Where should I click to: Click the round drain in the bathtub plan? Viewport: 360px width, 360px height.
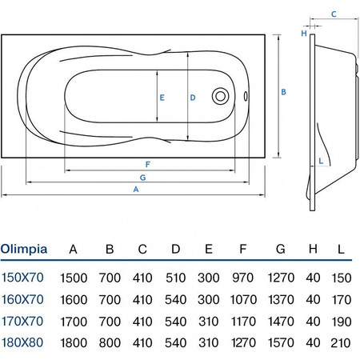(220, 96)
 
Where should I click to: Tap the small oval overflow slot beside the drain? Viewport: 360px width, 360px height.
(246, 96)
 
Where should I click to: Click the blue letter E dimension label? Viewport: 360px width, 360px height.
(162, 98)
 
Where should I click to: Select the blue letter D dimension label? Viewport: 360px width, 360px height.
(193, 98)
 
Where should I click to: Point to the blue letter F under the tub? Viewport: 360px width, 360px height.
(148, 165)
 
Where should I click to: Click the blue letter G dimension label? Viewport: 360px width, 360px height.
(142, 178)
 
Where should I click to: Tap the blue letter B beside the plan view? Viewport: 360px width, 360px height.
(283, 92)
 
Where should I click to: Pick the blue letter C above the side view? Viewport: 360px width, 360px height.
(334, 14)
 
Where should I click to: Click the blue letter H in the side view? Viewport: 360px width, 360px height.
(304, 34)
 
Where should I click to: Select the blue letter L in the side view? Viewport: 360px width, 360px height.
(321, 161)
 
